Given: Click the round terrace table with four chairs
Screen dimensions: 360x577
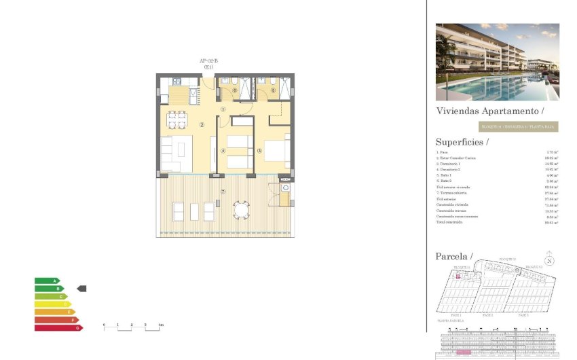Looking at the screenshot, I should pyautogui.click(x=242, y=211).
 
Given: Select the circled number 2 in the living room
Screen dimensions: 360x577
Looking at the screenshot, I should pyautogui.click(x=202, y=124).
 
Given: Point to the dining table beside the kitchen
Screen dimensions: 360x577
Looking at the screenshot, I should pyautogui.click(x=177, y=120).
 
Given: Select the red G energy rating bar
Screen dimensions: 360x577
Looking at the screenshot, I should pyautogui.click(x=58, y=327).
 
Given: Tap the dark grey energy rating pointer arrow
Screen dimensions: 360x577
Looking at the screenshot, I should pyautogui.click(x=81, y=289).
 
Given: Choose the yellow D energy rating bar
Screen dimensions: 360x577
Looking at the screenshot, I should pyautogui.click(x=52, y=304).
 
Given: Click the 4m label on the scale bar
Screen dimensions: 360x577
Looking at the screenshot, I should pyautogui.click(x=161, y=325).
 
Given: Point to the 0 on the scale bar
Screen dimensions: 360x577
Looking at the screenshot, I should pyautogui.click(x=104, y=325).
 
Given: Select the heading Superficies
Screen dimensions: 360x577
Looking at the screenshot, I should pyautogui.click(x=462, y=142).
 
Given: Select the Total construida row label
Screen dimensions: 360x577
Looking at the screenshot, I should pyautogui.click(x=449, y=222).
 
